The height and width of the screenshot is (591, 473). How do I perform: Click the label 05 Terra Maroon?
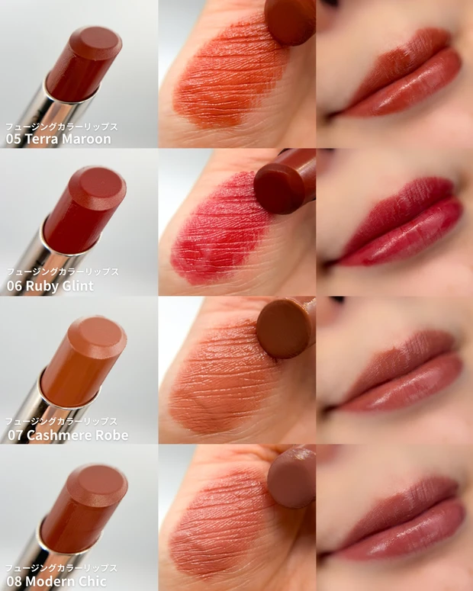pyautogui.click(x=59, y=139)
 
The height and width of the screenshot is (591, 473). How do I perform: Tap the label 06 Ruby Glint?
pyautogui.click(x=50, y=286)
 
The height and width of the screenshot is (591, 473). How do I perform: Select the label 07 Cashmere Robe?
pyautogui.click(x=68, y=435)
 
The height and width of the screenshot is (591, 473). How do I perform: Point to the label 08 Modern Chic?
pyautogui.click(x=56, y=581)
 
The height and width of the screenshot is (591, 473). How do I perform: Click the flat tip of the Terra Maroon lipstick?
pyautogui.click(x=95, y=43)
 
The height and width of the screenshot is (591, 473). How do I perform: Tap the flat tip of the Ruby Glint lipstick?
pyautogui.click(x=98, y=188)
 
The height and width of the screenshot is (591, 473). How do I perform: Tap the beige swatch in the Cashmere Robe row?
pyautogui.click(x=223, y=377)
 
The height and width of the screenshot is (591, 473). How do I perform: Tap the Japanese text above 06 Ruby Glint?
pyautogui.click(x=63, y=271)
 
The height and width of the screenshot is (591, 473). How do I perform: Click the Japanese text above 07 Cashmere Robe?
pyautogui.click(x=61, y=422)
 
